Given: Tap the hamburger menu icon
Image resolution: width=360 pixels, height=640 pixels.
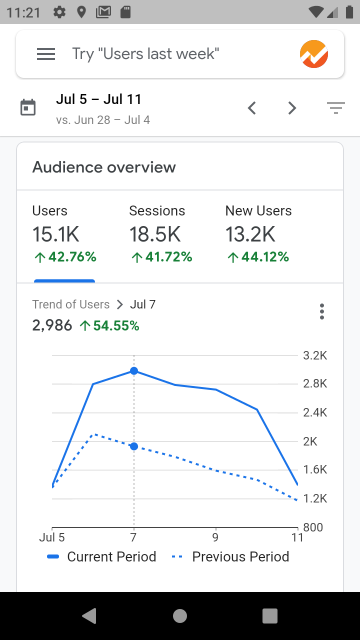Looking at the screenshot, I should pyautogui.click(x=46, y=54).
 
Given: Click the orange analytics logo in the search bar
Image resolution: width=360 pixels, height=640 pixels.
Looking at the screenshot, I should pyautogui.click(x=314, y=54).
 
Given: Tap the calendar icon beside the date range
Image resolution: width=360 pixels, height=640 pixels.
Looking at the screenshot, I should pyautogui.click(x=28, y=107).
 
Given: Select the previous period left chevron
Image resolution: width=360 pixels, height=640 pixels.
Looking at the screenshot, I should pyautogui.click(x=252, y=107).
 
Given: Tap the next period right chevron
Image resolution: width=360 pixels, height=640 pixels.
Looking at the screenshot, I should pyautogui.click(x=292, y=107).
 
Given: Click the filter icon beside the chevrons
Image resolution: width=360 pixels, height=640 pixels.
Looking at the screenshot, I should pyautogui.click(x=335, y=107).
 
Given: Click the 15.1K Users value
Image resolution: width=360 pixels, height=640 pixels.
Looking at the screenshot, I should pyautogui.click(x=56, y=234).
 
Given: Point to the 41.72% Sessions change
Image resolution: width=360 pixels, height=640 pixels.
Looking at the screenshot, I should pyautogui.click(x=161, y=257).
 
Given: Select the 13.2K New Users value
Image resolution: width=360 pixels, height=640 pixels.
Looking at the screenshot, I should pyautogui.click(x=250, y=234).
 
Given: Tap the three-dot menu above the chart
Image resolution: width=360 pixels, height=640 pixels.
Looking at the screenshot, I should pyautogui.click(x=322, y=311).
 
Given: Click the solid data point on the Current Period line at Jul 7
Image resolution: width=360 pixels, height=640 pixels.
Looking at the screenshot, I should pyautogui.click(x=134, y=371).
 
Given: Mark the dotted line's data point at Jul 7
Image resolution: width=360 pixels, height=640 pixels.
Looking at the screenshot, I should pyautogui.click(x=134, y=446).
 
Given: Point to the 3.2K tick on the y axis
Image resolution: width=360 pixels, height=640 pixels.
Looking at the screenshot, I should pyautogui.click(x=315, y=356).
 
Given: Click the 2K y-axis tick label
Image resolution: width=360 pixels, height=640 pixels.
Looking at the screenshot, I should pyautogui.click(x=310, y=441).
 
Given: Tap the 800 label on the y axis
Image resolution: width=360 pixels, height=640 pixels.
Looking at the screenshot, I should pyautogui.click(x=313, y=527).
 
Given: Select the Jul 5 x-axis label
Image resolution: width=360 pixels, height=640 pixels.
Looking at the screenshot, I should pyautogui.click(x=52, y=538).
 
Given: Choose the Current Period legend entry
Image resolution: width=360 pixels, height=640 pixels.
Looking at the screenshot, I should pyautogui.click(x=102, y=557).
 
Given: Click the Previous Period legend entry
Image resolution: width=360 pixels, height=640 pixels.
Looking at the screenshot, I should pyautogui.click(x=230, y=557).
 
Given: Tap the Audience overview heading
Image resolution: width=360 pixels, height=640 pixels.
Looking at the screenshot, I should pyautogui.click(x=104, y=167).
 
